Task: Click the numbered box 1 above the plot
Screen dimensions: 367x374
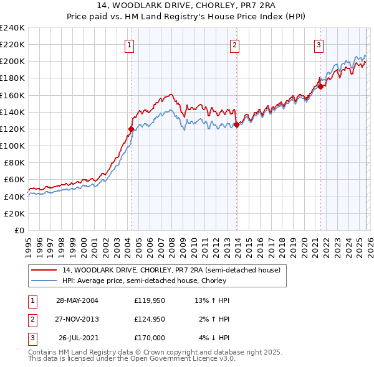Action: click(128, 44)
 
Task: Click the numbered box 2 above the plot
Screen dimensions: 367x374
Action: click(234, 44)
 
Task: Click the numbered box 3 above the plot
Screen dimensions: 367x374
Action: click(319, 44)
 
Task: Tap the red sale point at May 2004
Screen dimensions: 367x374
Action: click(131, 129)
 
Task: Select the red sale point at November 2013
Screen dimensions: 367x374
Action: click(237, 125)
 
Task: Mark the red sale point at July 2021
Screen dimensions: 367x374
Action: click(321, 87)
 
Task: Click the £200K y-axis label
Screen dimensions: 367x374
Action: click(12, 62)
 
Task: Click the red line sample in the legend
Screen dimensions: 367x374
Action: click(44, 271)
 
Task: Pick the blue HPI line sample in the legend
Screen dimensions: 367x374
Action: click(44, 281)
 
